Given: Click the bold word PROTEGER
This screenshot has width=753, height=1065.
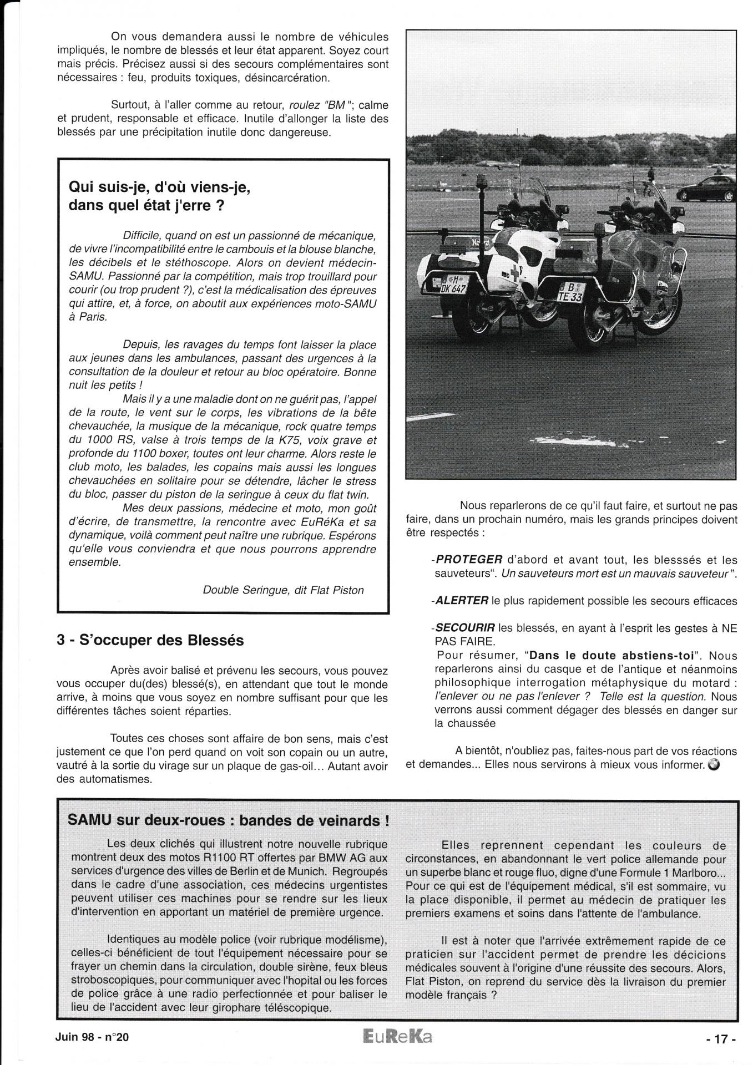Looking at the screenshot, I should click(x=469, y=560).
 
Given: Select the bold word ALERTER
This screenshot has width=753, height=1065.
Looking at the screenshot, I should click(x=462, y=600).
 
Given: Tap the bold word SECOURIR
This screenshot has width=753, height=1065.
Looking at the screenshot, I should click(x=465, y=628).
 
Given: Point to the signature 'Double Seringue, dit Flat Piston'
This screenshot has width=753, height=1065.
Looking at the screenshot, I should click(x=283, y=590).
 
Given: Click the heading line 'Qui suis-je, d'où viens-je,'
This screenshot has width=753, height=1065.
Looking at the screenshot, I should click(x=159, y=187).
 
